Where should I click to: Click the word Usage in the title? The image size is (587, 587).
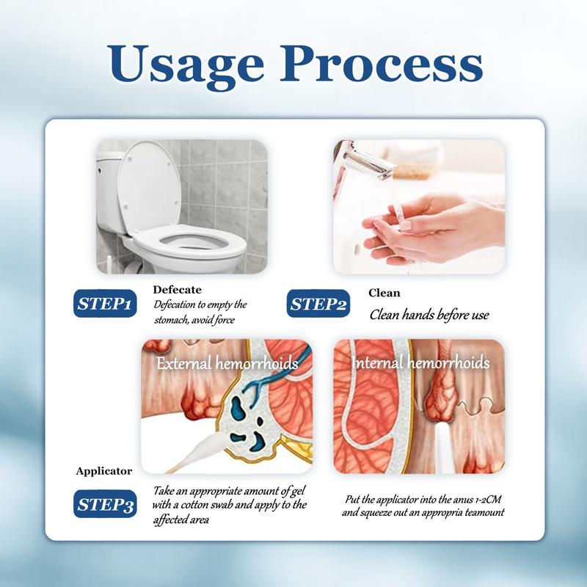tap(186, 65)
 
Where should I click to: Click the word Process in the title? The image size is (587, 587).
tap(382, 64)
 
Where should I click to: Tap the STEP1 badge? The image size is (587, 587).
tap(105, 303)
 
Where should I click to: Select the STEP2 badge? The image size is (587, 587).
tap(318, 303)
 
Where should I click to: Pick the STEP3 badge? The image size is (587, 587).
tap(105, 504)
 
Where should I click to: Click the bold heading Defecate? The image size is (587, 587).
tap(177, 289)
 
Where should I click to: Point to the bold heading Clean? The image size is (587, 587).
tap(384, 293)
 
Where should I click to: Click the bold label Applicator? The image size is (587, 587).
tap(103, 471)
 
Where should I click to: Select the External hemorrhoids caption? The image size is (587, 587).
tap(227, 363)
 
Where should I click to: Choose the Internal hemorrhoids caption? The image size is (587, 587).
tap(420, 362)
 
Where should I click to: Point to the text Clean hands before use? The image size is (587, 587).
tap(429, 315)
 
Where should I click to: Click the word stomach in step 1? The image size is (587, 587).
tap(170, 320)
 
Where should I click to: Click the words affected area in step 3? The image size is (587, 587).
tap(181, 519)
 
